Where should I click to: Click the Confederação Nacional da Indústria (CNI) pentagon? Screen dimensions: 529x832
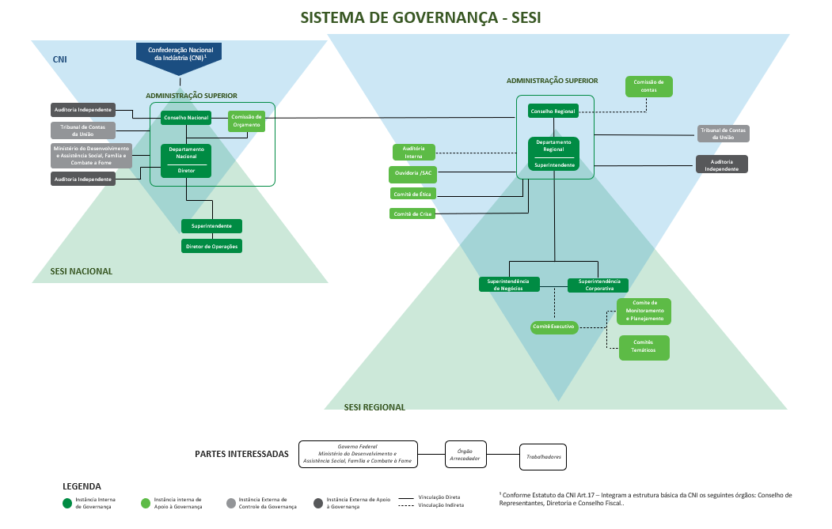[x=179, y=55]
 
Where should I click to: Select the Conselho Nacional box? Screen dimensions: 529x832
[x=187, y=118]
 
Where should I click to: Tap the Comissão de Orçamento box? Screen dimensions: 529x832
[x=247, y=121]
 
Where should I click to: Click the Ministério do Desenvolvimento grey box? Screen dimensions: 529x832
[x=92, y=156]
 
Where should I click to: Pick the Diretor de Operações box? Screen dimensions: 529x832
[x=211, y=246]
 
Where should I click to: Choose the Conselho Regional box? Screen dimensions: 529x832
[x=553, y=111]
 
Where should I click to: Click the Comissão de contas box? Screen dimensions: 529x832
[x=648, y=86]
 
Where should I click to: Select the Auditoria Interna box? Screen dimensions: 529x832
[x=413, y=153]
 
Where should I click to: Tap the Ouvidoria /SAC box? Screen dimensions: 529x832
[x=413, y=173]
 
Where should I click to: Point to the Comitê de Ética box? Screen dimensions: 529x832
[x=413, y=194]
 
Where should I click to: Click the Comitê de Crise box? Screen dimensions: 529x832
[x=413, y=213]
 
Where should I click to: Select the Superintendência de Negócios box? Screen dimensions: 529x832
[x=509, y=285]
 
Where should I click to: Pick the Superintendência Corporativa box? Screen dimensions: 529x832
[x=598, y=285]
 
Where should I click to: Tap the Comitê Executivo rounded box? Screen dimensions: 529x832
[x=554, y=327]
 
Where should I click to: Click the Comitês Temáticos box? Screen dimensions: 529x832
[x=644, y=348]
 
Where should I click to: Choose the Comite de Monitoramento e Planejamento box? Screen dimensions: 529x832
[x=644, y=312]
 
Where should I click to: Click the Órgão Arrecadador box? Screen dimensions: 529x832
[x=465, y=453]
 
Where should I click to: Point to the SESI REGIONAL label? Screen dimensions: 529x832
[x=374, y=407]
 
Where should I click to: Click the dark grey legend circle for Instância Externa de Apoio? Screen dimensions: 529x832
[x=318, y=502]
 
